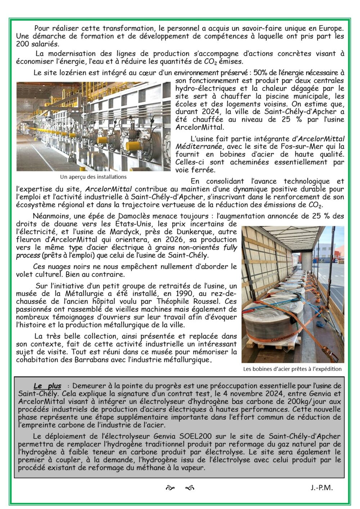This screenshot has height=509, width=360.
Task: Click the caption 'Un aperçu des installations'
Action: click(x=93, y=177)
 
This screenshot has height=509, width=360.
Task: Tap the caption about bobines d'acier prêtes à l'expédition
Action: click(x=292, y=368)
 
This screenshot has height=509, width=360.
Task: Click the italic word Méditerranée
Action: click(x=198, y=147)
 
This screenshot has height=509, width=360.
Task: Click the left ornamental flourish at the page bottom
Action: click(x=169, y=488)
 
